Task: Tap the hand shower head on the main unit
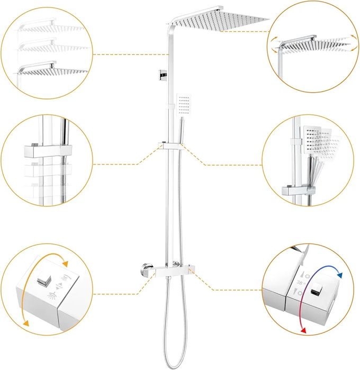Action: coord(183,104)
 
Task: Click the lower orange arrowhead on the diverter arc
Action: coord(25,324)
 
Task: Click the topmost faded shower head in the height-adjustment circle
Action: coord(50,24)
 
